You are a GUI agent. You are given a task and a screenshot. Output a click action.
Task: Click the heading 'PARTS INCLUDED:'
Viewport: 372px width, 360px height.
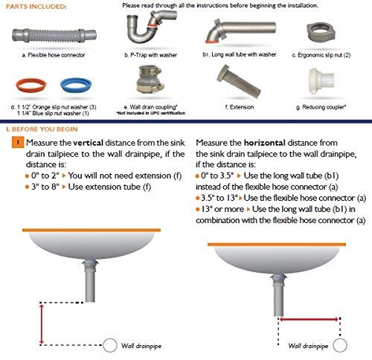tap(33, 6)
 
